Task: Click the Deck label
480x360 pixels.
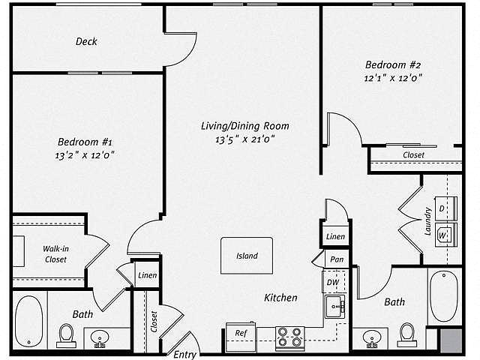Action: click(x=86, y=41)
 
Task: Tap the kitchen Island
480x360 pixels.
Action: click(x=247, y=256)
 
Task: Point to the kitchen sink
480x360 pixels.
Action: click(x=335, y=307)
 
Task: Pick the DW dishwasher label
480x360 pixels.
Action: click(x=333, y=282)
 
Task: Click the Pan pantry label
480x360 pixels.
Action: click(x=337, y=259)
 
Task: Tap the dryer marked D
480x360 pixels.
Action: click(x=445, y=208)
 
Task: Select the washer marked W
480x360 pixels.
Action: click(x=445, y=235)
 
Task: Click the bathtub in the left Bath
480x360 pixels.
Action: click(x=28, y=320)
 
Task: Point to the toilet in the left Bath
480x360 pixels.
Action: click(x=66, y=335)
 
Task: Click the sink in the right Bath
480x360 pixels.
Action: click(x=372, y=338)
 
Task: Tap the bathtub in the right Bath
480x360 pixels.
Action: click(x=444, y=296)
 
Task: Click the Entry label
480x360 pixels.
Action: click(x=184, y=355)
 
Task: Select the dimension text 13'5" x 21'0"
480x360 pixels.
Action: click(x=245, y=139)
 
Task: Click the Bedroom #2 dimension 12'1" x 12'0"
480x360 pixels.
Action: click(x=393, y=78)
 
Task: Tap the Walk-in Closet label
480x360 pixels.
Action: click(x=55, y=254)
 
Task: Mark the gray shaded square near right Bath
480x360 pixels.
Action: click(x=451, y=340)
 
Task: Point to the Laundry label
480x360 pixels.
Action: click(x=428, y=222)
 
